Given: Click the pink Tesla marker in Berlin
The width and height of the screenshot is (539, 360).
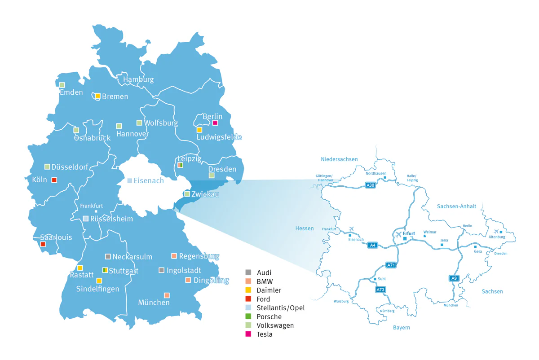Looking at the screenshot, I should tap(215, 123).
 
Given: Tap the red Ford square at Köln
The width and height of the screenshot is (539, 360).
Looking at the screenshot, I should tap(54, 180).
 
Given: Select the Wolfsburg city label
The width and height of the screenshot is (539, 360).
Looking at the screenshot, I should tap(161, 123).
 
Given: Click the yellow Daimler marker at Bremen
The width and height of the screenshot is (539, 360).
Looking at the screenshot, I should tap(97, 96).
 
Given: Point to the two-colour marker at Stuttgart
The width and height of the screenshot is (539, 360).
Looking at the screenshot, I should tap(105, 270).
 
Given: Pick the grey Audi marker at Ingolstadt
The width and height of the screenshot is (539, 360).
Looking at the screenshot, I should tap(162, 270).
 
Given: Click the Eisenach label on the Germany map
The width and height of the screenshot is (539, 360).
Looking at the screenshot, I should tap(148, 181).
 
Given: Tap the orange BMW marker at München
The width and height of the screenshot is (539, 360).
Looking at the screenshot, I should tap(167, 295).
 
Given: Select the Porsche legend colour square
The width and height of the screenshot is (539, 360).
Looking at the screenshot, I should tap(248, 316).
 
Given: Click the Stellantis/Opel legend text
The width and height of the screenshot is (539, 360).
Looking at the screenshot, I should tap(280, 308).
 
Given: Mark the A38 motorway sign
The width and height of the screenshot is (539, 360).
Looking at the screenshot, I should tap(370, 184).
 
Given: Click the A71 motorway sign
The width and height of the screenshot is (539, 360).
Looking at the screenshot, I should tap(391, 265).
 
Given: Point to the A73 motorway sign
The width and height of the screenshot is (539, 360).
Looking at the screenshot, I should tap(380, 290).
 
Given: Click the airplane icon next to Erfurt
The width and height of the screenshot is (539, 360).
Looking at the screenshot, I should tap(398, 234).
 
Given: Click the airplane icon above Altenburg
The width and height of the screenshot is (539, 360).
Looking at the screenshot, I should tap(496, 231).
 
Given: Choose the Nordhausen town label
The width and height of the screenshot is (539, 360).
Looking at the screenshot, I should tap(376, 173).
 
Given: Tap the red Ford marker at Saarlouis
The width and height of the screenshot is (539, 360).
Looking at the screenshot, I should tap(43, 244).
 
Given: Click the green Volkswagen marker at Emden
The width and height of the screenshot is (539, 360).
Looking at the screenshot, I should tap(62, 85).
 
